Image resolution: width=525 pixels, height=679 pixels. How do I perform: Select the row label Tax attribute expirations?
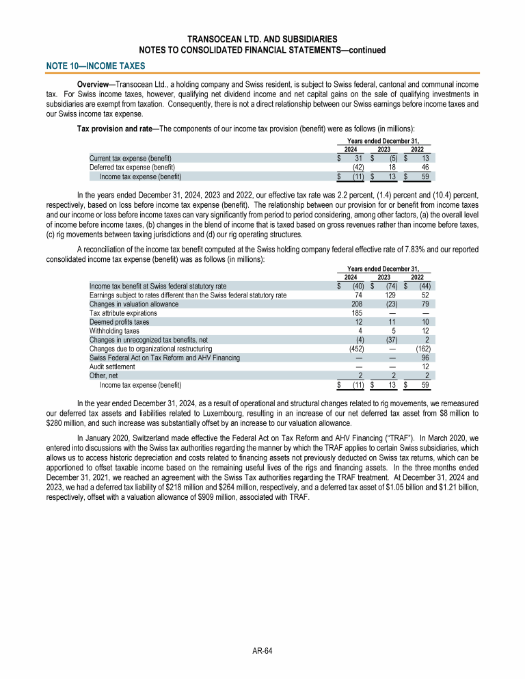(x=123, y=312)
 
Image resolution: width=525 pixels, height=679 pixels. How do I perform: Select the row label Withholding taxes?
(x=113, y=330)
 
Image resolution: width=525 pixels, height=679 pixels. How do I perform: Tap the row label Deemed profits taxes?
(x=119, y=321)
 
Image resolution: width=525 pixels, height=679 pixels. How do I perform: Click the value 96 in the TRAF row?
(x=425, y=357)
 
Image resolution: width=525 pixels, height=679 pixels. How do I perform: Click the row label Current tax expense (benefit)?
(x=131, y=158)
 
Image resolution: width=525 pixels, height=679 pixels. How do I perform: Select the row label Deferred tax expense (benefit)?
(x=132, y=167)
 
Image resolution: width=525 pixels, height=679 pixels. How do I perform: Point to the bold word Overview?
(x=95, y=83)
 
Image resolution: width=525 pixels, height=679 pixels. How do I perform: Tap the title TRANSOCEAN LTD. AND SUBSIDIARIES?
(x=262, y=39)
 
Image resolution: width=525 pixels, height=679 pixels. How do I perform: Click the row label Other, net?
(x=103, y=375)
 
